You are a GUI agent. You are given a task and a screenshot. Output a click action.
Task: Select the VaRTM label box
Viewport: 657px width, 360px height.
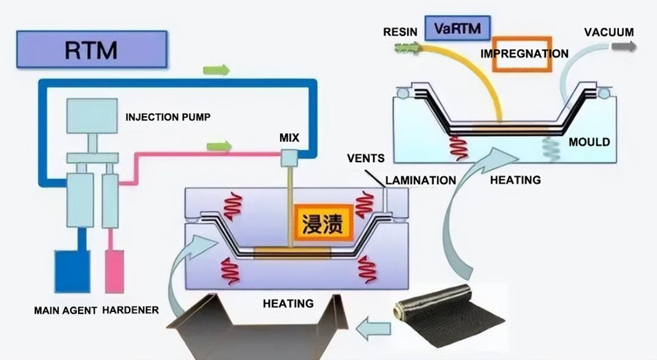pyautogui.click(x=451, y=28)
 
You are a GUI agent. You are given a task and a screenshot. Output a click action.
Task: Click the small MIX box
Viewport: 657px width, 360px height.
pyautogui.click(x=288, y=157)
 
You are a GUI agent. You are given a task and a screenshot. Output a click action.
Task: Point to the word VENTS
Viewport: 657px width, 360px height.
pyautogui.click(x=366, y=158)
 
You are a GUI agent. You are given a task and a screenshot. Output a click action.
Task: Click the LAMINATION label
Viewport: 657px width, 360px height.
pyautogui.click(x=420, y=180)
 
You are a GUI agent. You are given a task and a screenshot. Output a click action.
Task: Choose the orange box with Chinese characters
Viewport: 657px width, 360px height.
pyautogui.click(x=325, y=224)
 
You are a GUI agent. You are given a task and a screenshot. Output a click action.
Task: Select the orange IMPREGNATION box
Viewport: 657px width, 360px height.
pyautogui.click(x=524, y=53)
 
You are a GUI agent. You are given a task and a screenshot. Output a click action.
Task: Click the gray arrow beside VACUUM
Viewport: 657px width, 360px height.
pyautogui.click(x=623, y=46)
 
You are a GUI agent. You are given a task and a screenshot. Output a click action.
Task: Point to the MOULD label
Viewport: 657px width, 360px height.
pyautogui.click(x=589, y=142)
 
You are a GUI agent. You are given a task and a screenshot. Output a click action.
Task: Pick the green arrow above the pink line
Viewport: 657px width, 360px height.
pyautogui.click(x=219, y=145)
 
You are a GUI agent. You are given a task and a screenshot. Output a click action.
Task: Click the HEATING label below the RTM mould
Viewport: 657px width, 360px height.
pyautogui.click(x=288, y=304)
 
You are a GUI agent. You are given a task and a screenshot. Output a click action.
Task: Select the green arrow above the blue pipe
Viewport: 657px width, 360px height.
pyautogui.click(x=216, y=70)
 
